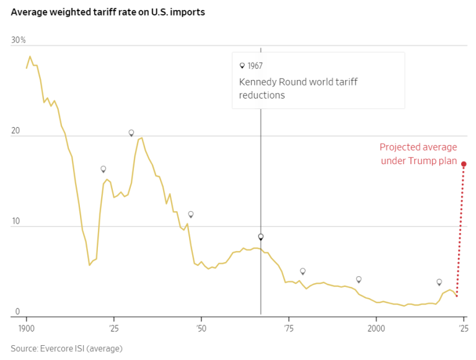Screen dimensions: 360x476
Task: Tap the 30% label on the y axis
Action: click(x=18, y=40)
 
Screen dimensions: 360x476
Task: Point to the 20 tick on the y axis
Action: click(x=17, y=131)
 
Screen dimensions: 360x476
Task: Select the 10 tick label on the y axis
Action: click(x=17, y=221)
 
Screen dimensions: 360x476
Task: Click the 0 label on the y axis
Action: click(x=17, y=312)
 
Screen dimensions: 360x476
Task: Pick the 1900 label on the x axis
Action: click(x=26, y=327)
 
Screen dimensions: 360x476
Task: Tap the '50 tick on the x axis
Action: click(x=201, y=327)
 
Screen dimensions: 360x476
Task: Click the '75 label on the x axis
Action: click(x=288, y=327)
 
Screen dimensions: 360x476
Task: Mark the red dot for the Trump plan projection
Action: click(x=464, y=164)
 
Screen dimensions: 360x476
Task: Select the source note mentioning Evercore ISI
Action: click(x=66, y=348)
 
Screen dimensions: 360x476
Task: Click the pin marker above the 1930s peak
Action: click(x=131, y=133)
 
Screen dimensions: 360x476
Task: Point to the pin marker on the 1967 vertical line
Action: click(x=261, y=237)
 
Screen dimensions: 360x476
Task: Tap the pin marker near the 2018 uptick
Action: click(x=439, y=282)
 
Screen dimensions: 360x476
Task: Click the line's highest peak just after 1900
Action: click(x=30, y=56)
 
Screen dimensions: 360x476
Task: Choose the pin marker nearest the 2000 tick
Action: click(x=358, y=279)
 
